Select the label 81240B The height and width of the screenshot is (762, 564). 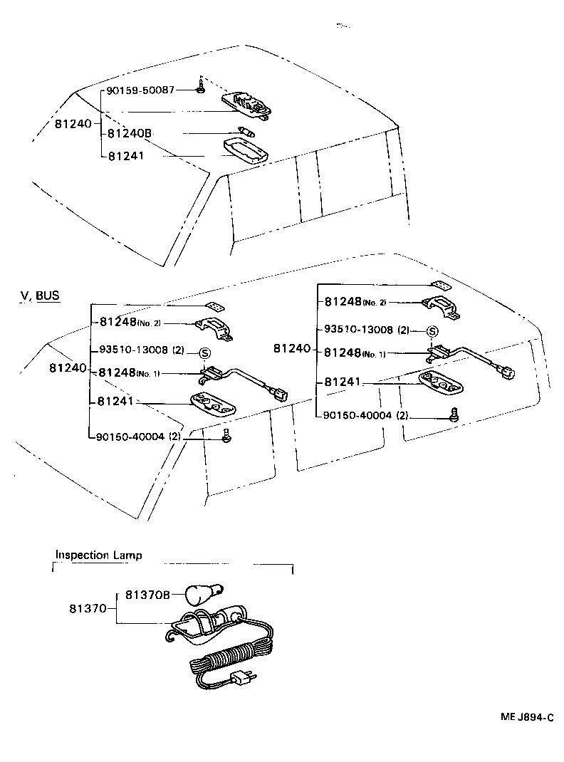click(x=130, y=133)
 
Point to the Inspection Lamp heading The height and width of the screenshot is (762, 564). click(x=98, y=555)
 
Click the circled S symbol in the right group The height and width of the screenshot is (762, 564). click(x=432, y=331)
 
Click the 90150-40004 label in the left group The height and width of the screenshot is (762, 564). click(x=131, y=437)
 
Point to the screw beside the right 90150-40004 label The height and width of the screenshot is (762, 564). click(x=454, y=416)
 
